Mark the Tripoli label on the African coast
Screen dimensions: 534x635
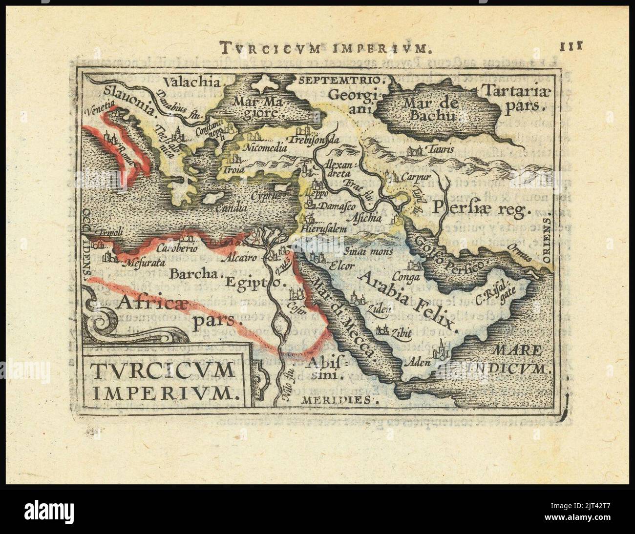pyautogui.click(x=110, y=233)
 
